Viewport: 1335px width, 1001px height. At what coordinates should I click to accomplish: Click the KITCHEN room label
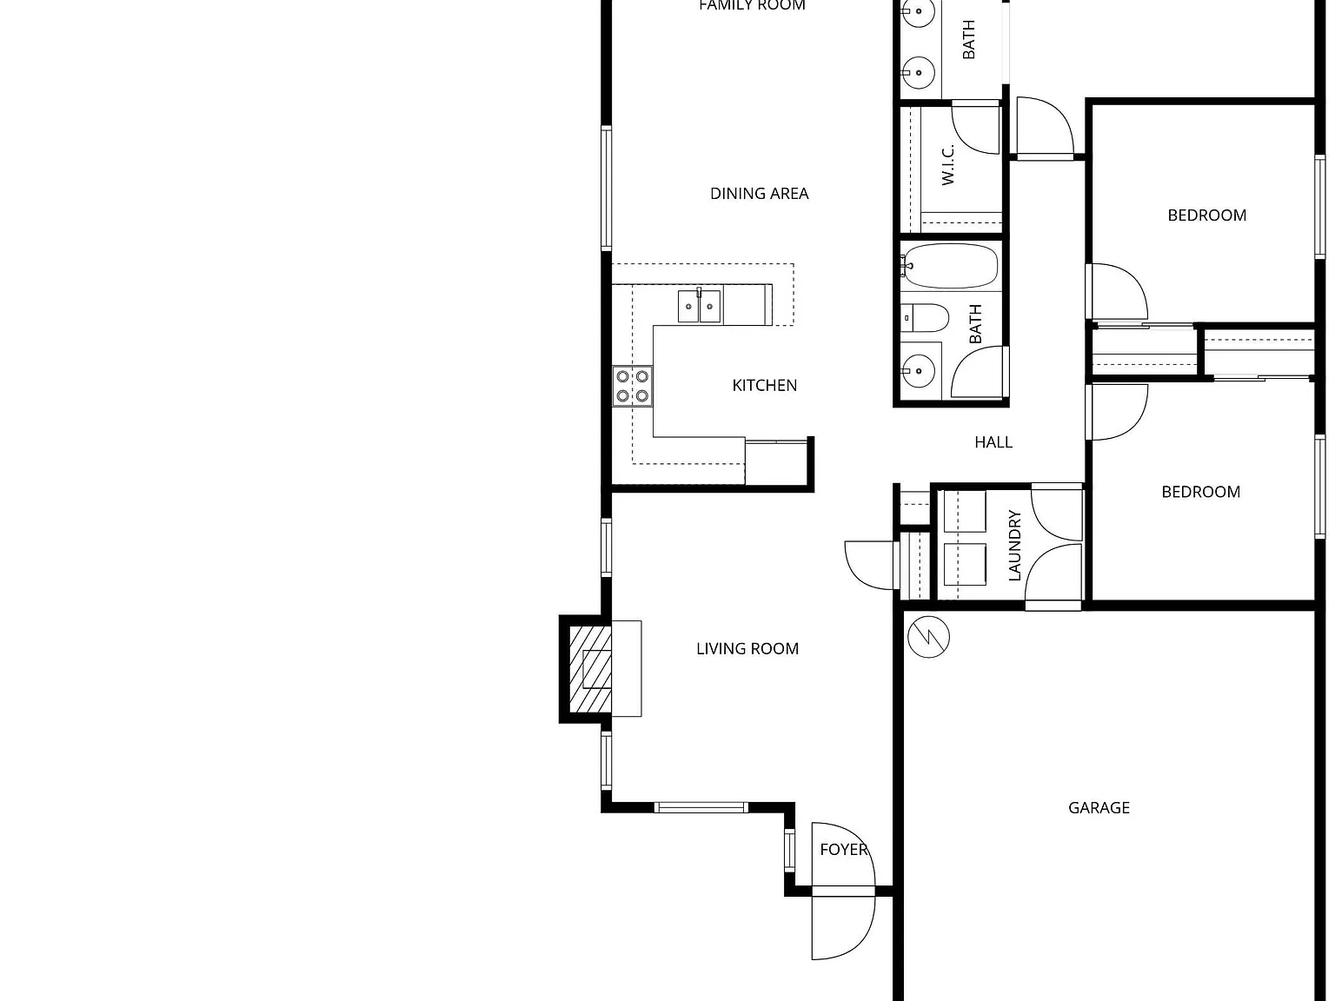(765, 385)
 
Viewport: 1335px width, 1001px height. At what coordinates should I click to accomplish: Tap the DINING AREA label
(759, 193)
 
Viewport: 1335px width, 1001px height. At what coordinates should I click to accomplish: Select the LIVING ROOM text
(747, 648)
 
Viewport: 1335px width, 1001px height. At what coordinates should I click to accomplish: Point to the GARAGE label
(1099, 808)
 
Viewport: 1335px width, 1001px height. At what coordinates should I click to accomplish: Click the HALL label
(993, 442)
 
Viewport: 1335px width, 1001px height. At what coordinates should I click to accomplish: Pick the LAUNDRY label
(1014, 546)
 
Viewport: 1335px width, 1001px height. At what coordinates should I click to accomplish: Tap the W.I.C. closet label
(947, 165)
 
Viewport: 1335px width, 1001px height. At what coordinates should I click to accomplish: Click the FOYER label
(844, 850)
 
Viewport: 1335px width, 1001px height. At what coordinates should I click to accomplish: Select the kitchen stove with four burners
(633, 386)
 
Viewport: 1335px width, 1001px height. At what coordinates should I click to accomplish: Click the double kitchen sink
(700, 306)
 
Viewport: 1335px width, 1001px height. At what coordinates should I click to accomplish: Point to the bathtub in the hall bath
(950, 266)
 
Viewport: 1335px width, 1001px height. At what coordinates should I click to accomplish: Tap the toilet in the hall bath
(925, 318)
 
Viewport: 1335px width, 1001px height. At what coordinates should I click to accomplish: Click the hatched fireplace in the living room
(590, 669)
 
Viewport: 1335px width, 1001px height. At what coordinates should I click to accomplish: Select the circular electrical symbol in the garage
(929, 637)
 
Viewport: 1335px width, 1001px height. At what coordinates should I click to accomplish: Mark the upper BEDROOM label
(1206, 215)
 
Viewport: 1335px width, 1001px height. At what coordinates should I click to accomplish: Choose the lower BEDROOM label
(1200, 492)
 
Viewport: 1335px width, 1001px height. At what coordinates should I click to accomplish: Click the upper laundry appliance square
(966, 511)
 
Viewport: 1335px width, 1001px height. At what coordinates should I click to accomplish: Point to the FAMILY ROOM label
(753, 5)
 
